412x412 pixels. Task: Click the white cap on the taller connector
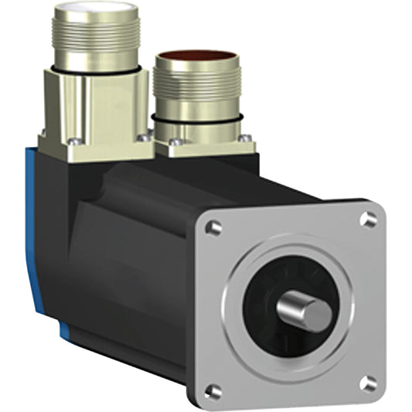[101, 10]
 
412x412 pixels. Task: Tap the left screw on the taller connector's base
[74, 141]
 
